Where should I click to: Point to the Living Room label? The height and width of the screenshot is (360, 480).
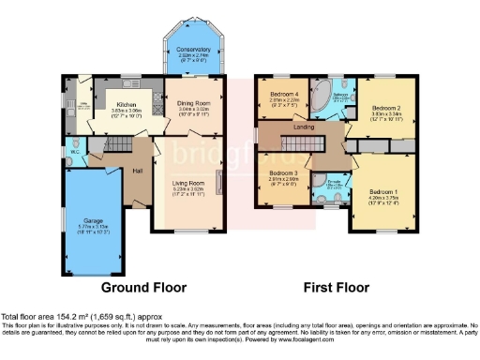pyautogui.click(x=193, y=183)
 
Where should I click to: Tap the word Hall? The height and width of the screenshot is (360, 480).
pyautogui.click(x=137, y=171)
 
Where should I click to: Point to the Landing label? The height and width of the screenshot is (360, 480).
pyautogui.click(x=304, y=127)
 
